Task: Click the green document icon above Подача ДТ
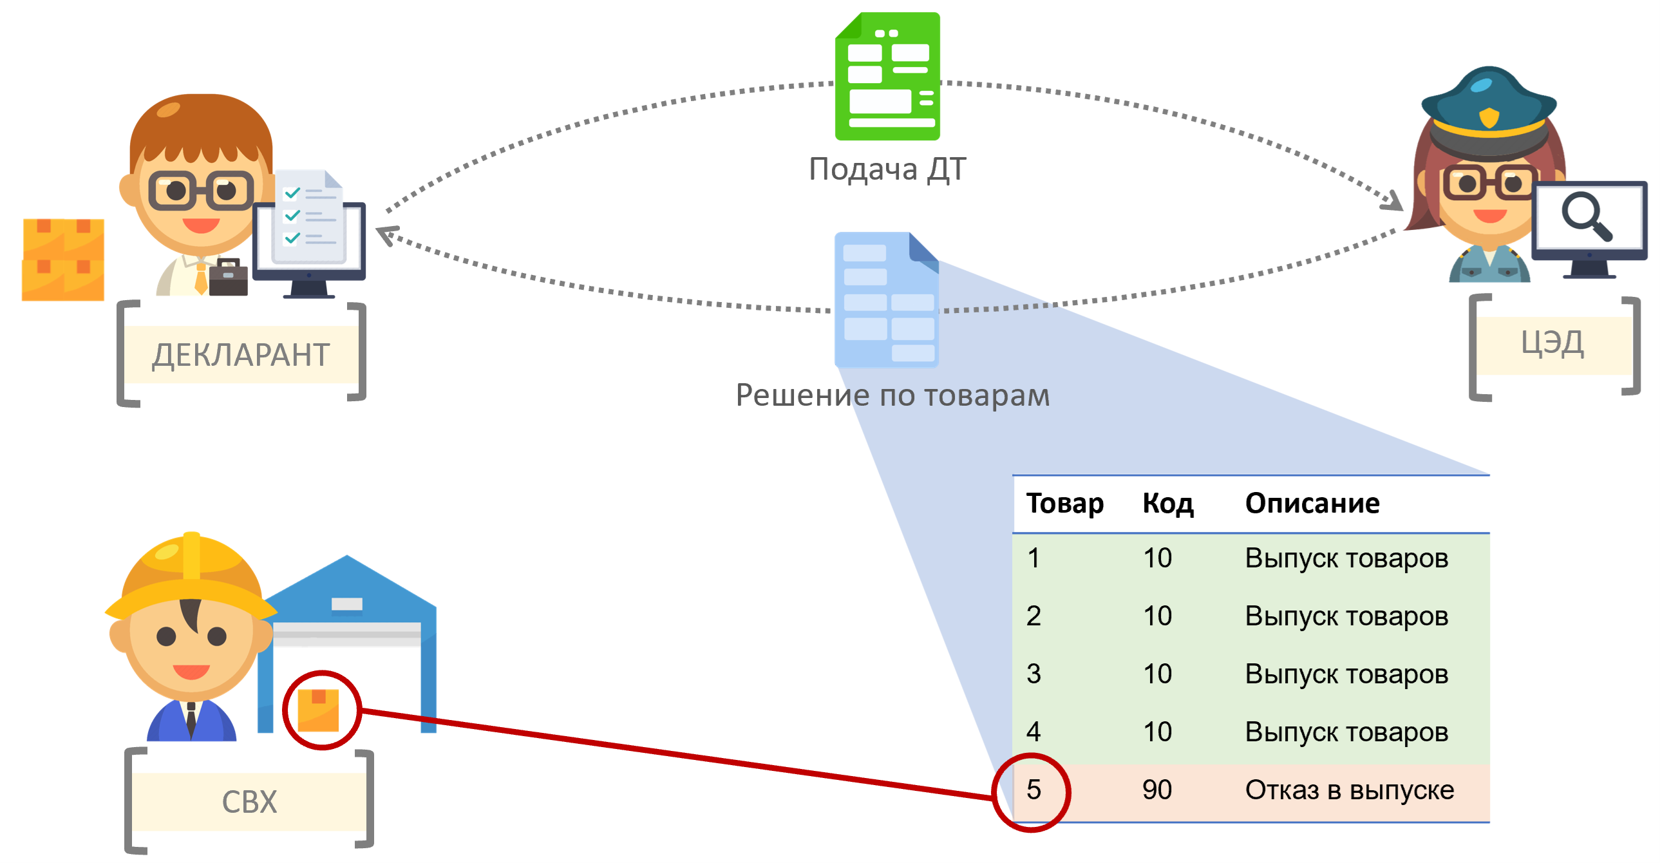pos(887,76)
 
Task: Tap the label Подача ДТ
pos(887,169)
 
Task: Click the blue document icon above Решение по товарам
pos(886,299)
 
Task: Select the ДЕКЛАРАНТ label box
pos(241,354)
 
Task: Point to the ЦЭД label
pos(1552,343)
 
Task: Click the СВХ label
pos(249,802)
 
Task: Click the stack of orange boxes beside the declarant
pos(63,260)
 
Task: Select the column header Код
pos(1167,504)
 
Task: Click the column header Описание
pos(1312,504)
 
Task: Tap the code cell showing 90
pos(1156,790)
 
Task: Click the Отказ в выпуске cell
pos(1349,790)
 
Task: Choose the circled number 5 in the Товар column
pos(1033,790)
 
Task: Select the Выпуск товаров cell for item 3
pos(1346,674)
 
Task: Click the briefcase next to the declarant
pos(228,278)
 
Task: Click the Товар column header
pos(1064,504)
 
